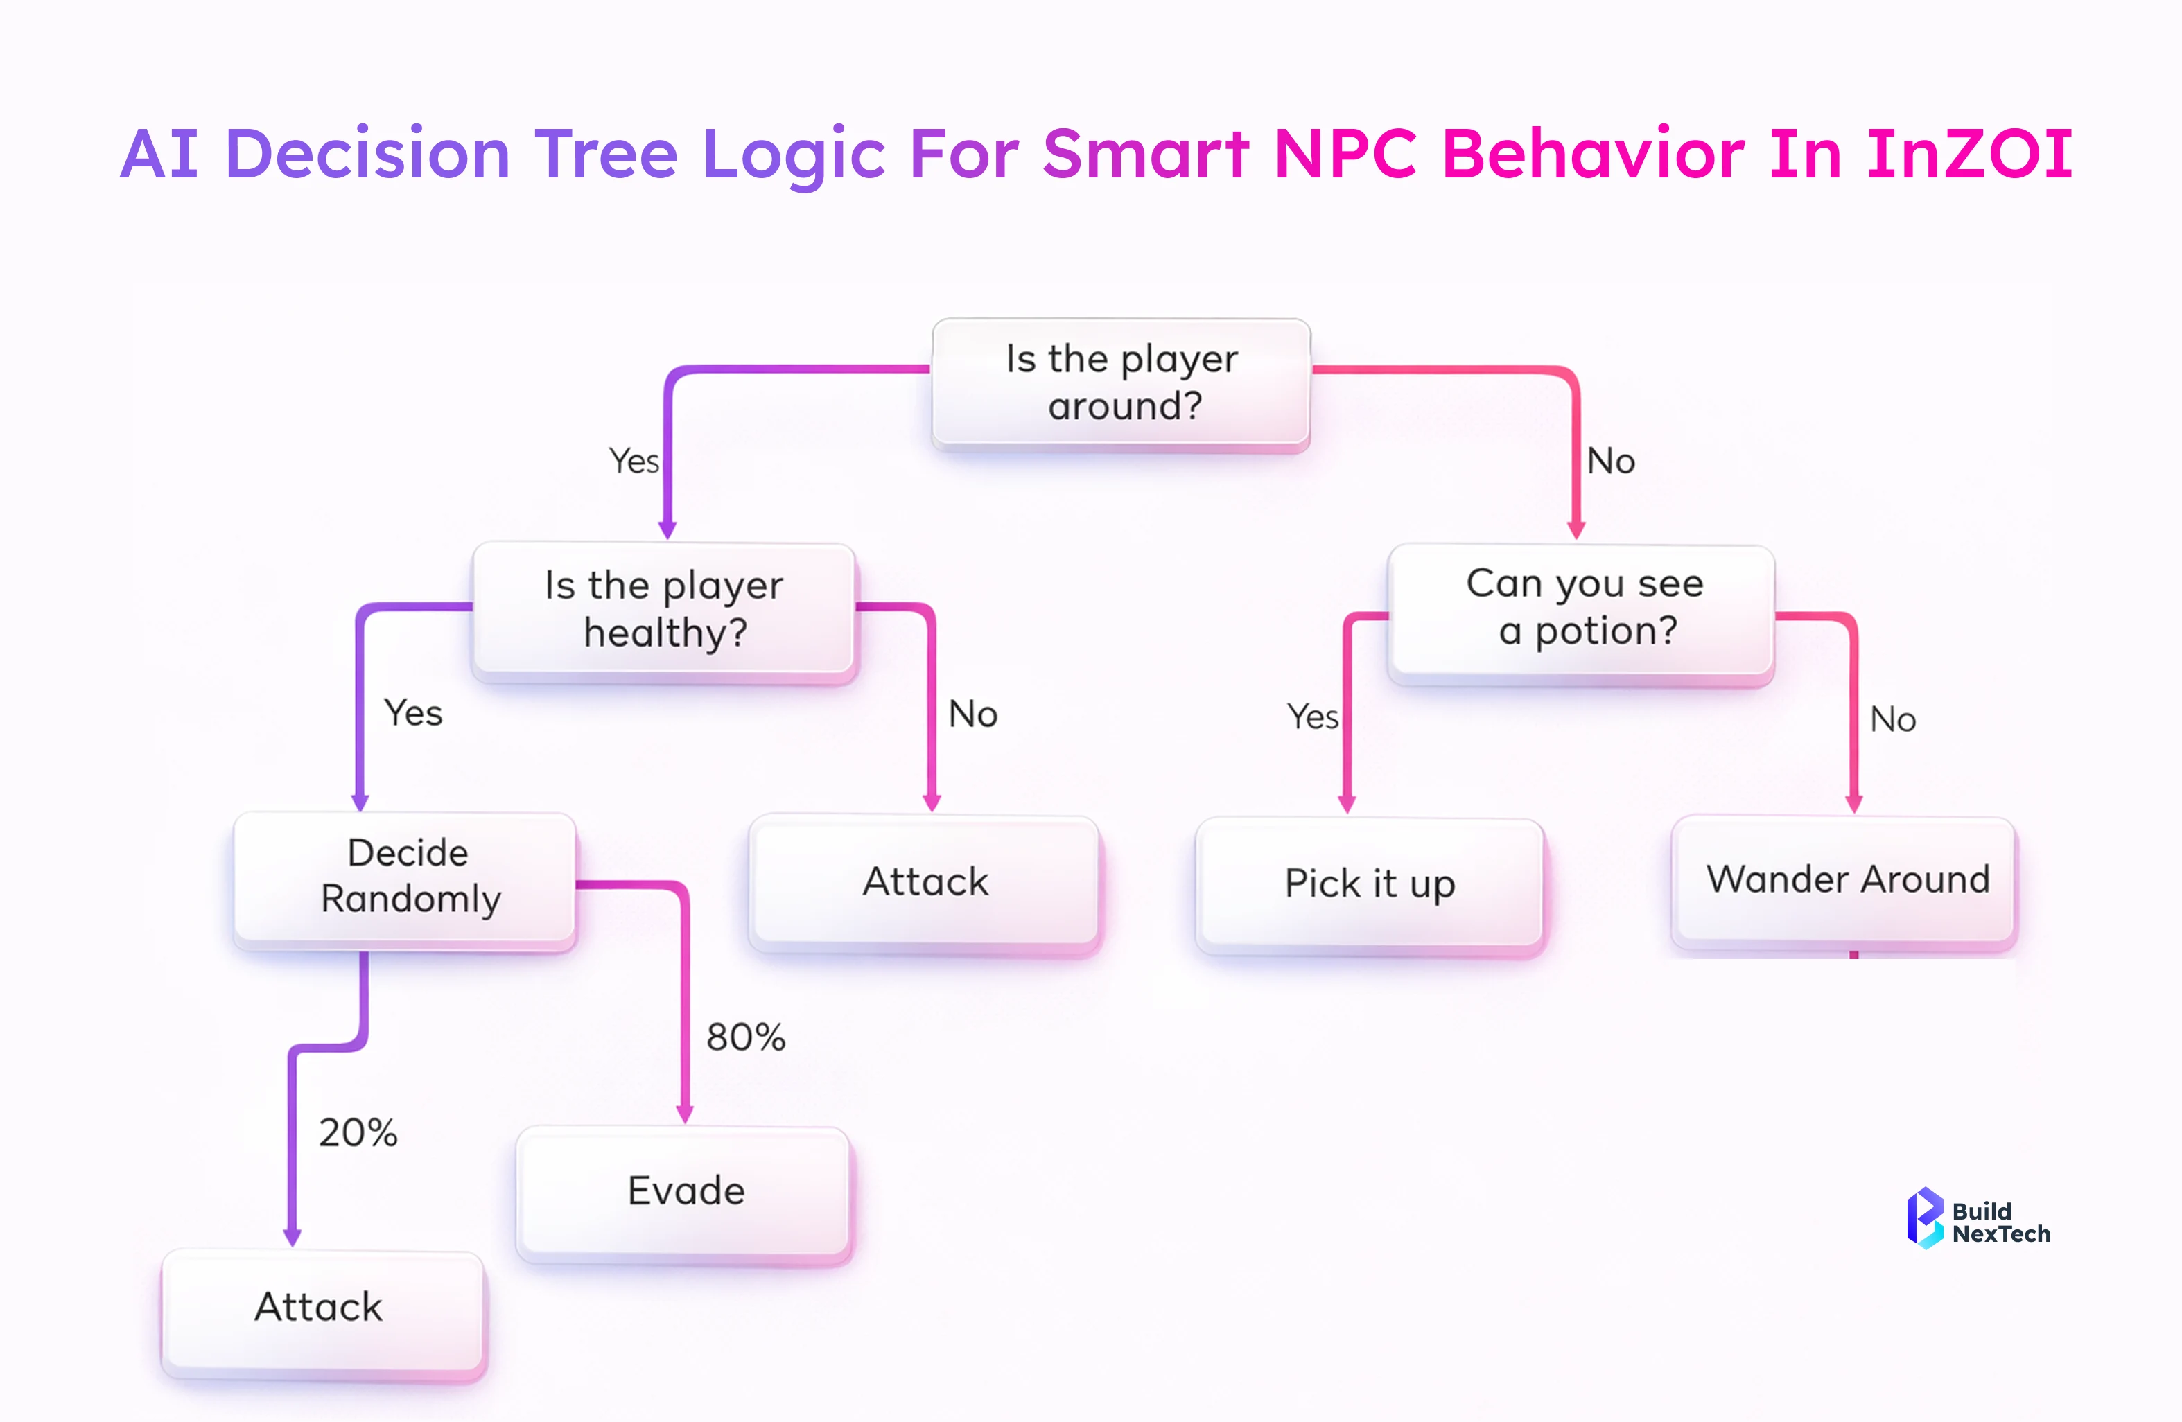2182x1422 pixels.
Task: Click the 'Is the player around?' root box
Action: click(x=1121, y=383)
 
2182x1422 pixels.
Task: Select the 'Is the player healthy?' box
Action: click(x=664, y=610)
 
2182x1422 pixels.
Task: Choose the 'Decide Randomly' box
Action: click(x=406, y=877)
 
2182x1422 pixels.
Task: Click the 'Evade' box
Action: click(x=685, y=1191)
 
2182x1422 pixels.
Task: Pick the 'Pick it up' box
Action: click(x=1370, y=884)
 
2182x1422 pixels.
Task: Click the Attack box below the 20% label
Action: click(x=321, y=1308)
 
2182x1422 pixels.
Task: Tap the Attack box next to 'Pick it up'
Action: click(x=926, y=882)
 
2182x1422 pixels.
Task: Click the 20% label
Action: click(x=358, y=1133)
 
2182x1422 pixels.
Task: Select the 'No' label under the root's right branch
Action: click(x=1611, y=461)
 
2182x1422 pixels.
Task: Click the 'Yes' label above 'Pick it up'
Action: click(x=1312, y=717)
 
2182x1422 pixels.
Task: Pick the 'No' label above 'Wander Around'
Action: click(x=1892, y=720)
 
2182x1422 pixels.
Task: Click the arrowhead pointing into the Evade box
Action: click(x=685, y=1114)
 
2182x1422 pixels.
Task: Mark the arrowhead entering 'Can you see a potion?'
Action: click(x=1576, y=530)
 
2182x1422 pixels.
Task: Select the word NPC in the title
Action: click(x=1345, y=154)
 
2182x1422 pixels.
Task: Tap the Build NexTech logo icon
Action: click(x=1923, y=1218)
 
